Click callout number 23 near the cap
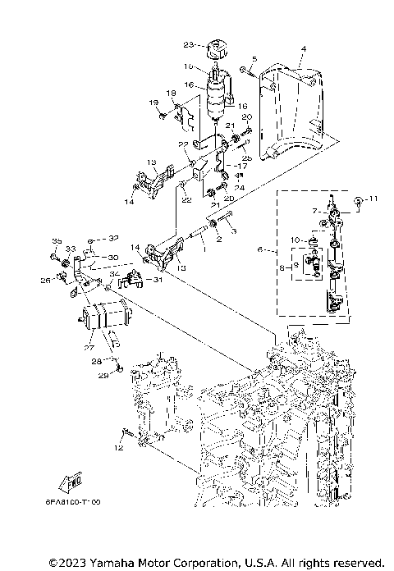coord(187,43)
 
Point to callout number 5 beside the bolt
coord(254,58)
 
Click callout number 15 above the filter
coord(188,66)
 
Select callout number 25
coord(246,156)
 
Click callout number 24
coord(237,188)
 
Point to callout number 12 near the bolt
coord(119,449)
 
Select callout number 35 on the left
coord(57,240)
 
